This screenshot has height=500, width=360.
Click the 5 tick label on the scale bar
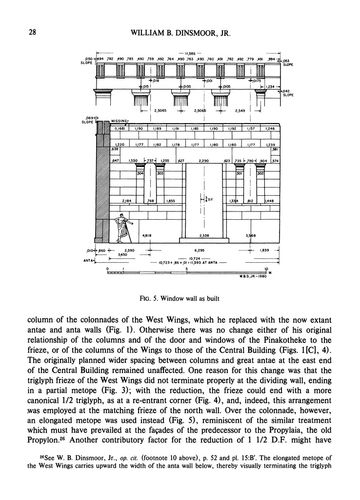click(187, 269)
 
